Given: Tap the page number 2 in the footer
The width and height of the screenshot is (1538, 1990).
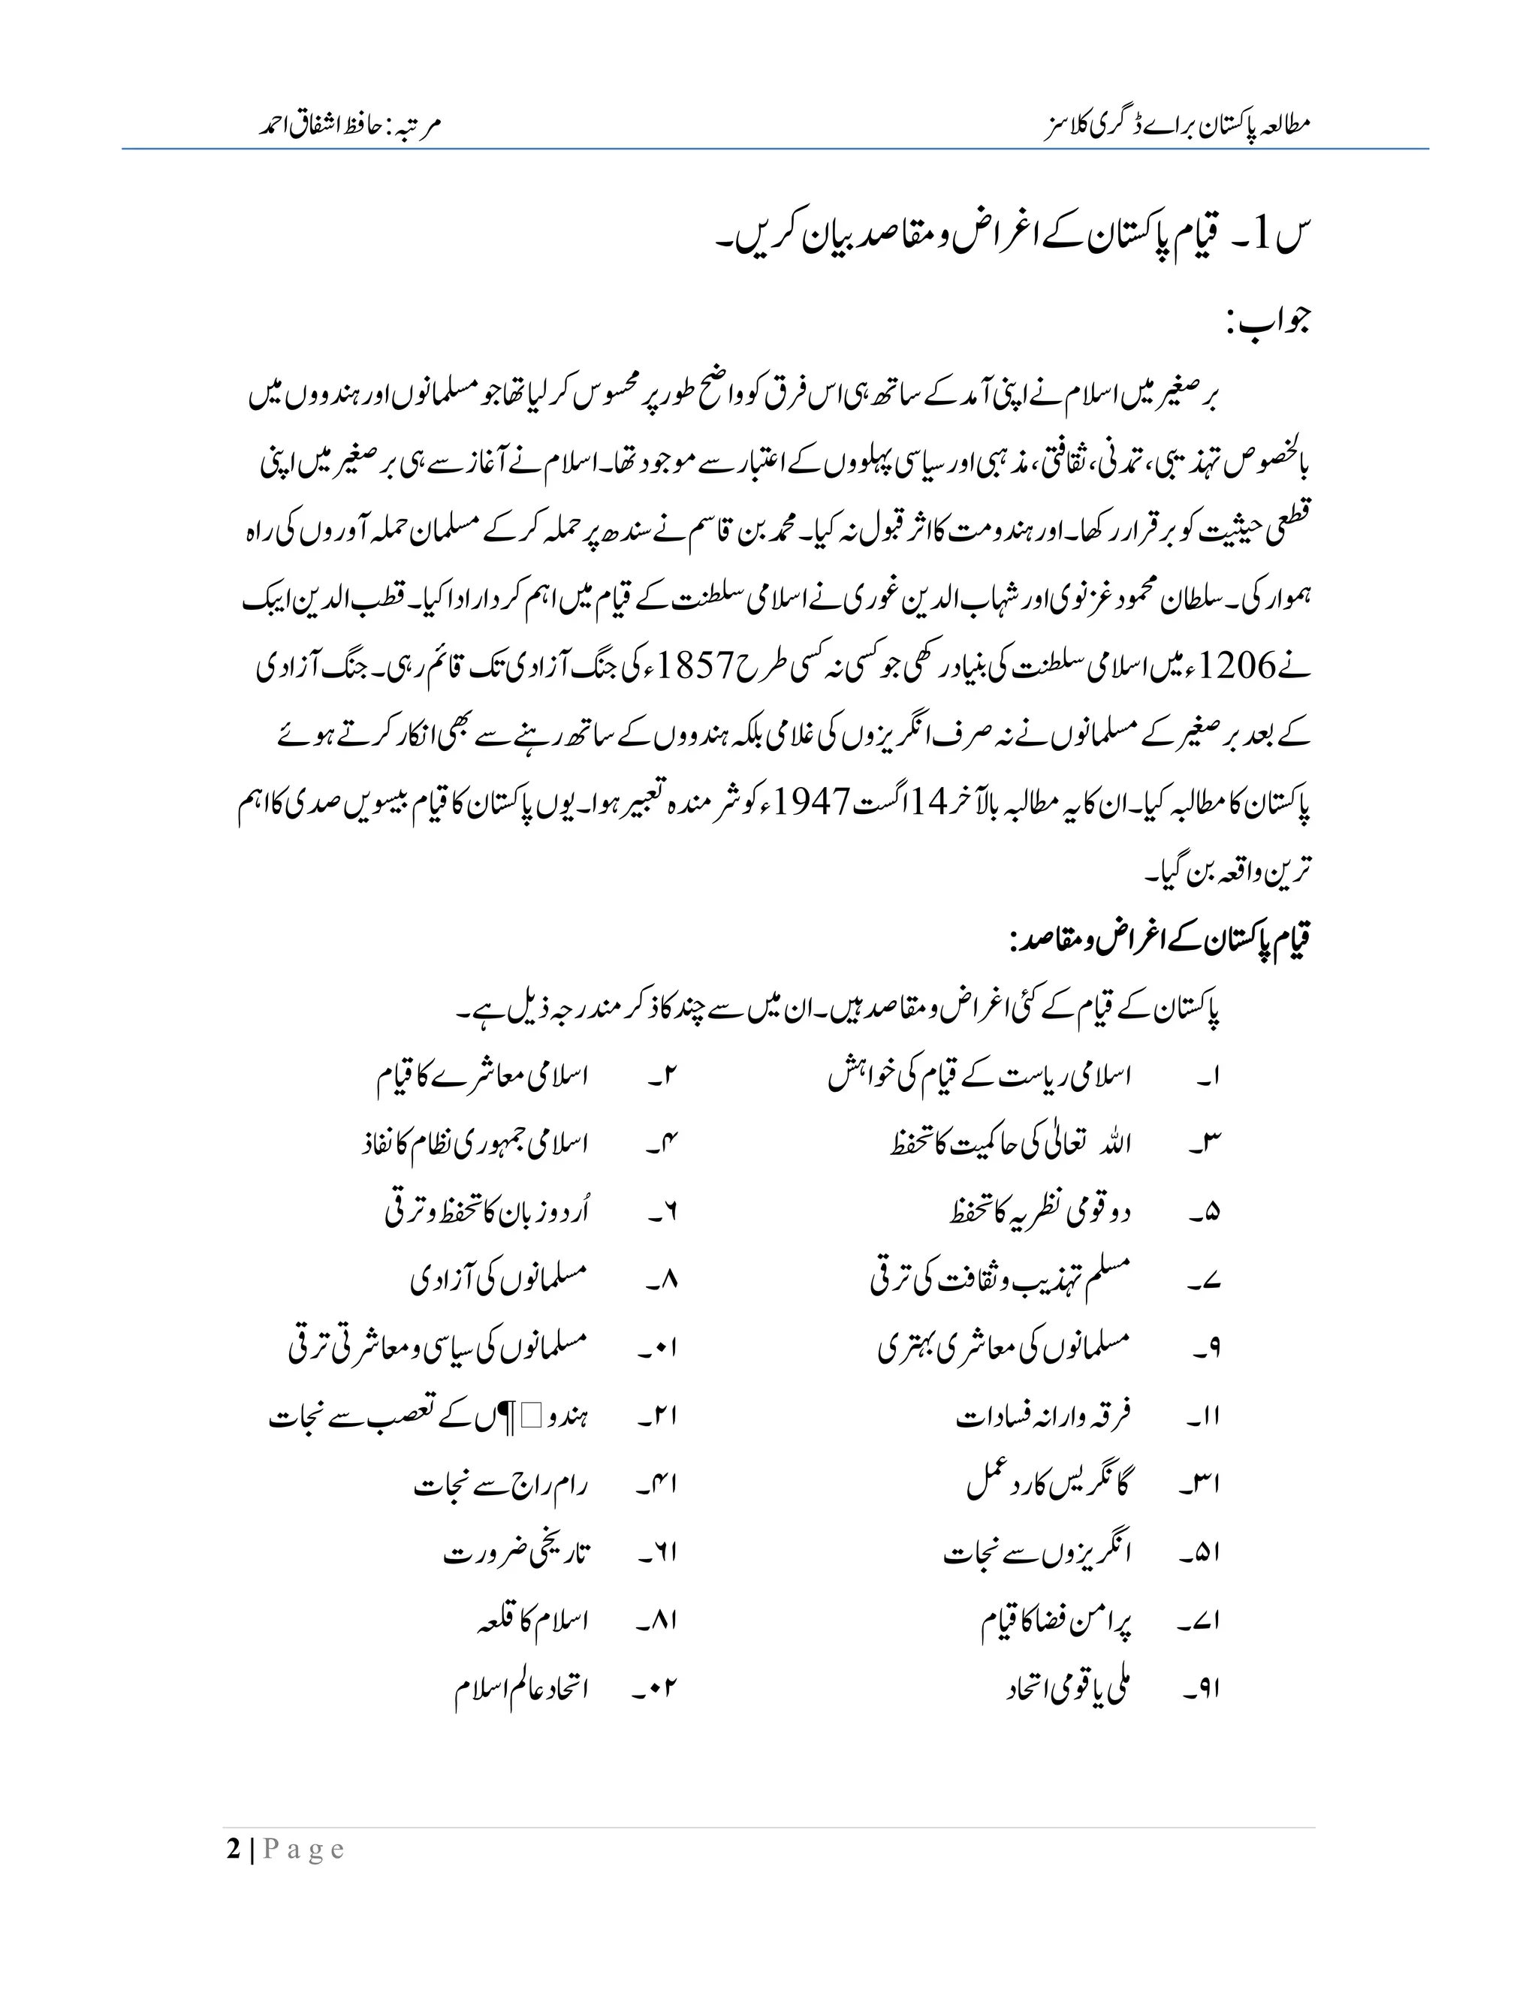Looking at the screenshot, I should (x=234, y=1849).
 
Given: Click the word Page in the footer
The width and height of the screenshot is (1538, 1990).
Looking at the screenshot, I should (x=304, y=1849).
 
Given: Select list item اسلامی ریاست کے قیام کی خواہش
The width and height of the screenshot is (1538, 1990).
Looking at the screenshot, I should (x=979, y=1077).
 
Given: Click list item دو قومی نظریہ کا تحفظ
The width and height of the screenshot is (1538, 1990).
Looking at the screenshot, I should (x=1039, y=1213).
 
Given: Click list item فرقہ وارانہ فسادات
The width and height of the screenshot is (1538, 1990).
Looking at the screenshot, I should (x=1042, y=1415).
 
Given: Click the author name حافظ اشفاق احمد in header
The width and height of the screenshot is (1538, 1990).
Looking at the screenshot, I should (x=324, y=125).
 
